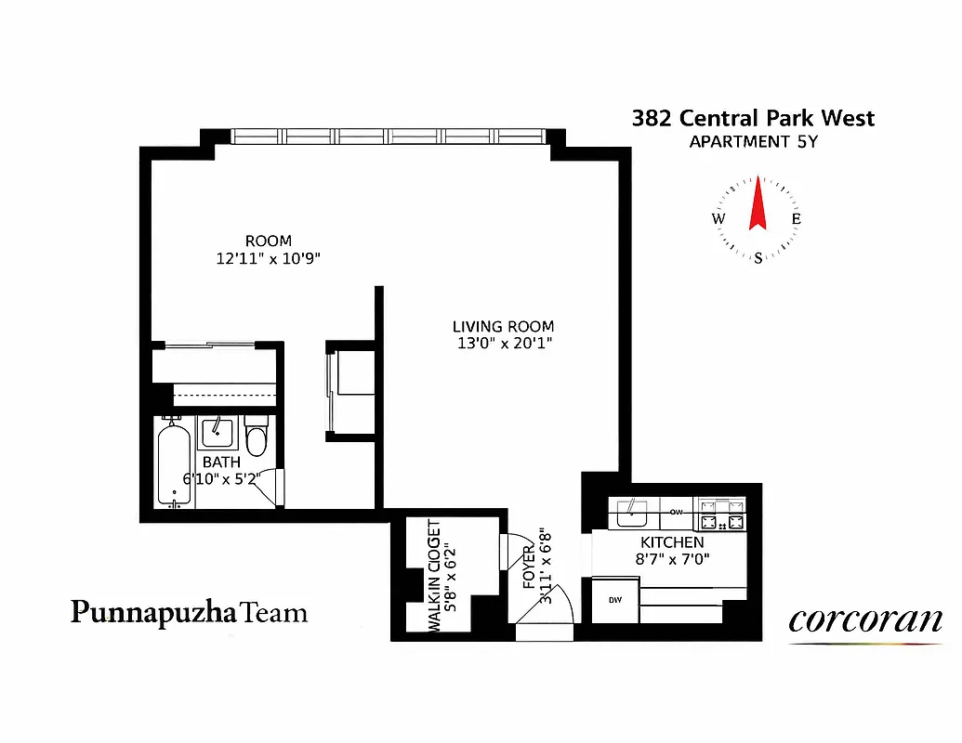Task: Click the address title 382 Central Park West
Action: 753,118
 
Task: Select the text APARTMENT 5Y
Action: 753,142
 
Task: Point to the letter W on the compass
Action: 718,219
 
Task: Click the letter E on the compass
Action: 796,219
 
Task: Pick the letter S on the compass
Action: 758,258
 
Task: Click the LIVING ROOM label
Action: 503,326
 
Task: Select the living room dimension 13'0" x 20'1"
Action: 503,344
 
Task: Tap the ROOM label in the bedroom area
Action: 269,241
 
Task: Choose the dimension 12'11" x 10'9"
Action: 269,259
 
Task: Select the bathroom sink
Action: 219,432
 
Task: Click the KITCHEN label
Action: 672,541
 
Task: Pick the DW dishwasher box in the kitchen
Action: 615,600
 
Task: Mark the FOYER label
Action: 528,568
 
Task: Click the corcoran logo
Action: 864,620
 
